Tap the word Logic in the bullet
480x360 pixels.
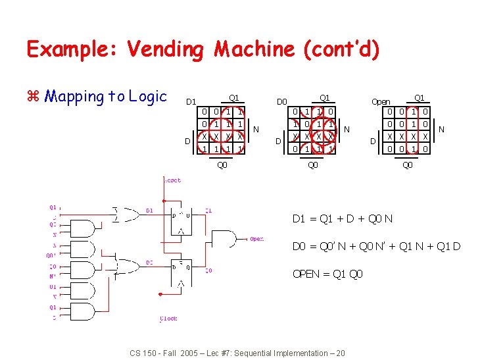pyautogui.click(x=150, y=97)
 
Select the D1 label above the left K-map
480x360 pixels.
pyautogui.click(x=191, y=102)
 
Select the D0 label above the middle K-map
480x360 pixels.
pyautogui.click(x=282, y=102)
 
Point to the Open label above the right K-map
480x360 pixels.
pyautogui.click(x=381, y=102)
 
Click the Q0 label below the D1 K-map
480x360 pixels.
pyautogui.click(x=222, y=165)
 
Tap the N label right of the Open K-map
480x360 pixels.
pyautogui.click(x=441, y=130)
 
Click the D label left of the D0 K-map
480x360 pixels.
pyautogui.click(x=279, y=141)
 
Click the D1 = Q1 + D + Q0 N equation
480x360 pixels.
pyautogui.click(x=343, y=219)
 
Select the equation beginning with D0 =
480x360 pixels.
pyautogui.click(x=376, y=247)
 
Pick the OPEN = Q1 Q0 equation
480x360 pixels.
pyautogui.click(x=327, y=274)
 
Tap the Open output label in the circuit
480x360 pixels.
pyautogui.click(x=256, y=239)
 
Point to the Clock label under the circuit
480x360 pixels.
pyautogui.click(x=168, y=319)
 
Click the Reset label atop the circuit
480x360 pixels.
pyautogui.click(x=172, y=180)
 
